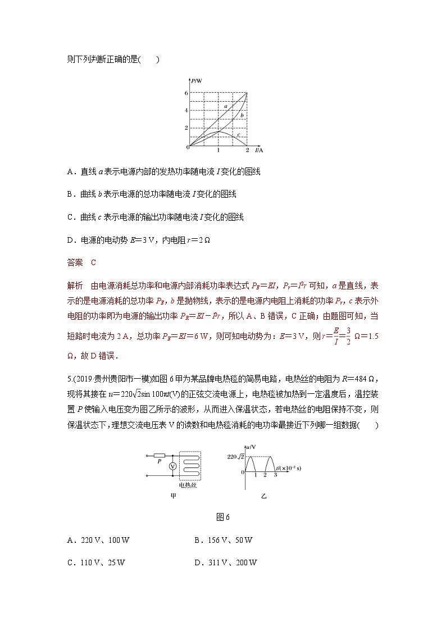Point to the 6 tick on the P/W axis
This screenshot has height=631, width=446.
pos(186,93)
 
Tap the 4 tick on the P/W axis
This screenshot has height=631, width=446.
pos(186,111)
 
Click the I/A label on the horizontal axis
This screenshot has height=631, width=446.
pos(259,151)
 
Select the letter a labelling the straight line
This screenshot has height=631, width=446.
pos(225,106)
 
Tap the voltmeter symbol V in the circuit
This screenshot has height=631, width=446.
pos(174,467)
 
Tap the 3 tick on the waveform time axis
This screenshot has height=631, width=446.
pos(275,475)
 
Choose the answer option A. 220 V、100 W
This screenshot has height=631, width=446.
pos(98,541)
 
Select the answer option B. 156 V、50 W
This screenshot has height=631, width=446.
pos(224,541)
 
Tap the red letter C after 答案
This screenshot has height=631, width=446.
pos(94,262)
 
